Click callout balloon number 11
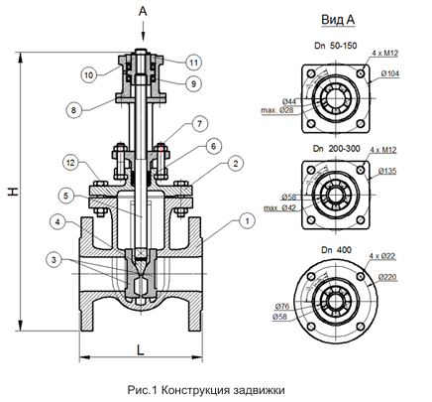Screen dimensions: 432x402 [193, 63]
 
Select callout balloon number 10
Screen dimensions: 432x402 [89, 75]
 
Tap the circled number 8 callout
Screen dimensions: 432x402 [73, 110]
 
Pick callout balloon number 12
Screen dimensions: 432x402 [71, 163]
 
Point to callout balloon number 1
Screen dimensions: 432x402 [247, 221]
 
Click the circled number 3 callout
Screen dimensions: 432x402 [54, 260]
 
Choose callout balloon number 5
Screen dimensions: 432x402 [66, 196]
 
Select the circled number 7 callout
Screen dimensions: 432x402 [199, 124]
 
